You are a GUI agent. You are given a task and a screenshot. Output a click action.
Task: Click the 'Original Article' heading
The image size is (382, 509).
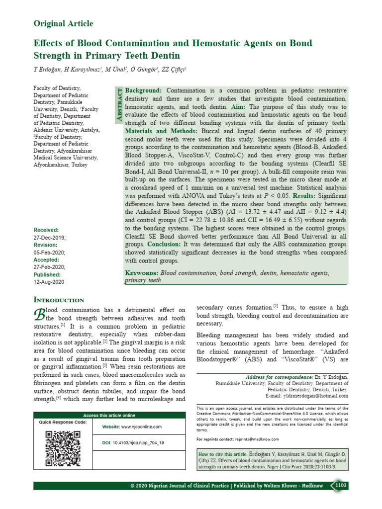point(63,23)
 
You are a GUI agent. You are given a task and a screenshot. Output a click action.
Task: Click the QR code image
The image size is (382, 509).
point(63,448)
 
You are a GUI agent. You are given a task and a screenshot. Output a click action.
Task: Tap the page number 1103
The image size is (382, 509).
point(342,485)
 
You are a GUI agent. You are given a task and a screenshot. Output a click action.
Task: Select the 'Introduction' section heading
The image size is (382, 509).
point(59,300)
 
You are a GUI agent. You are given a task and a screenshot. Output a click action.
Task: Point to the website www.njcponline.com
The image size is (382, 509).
point(132,427)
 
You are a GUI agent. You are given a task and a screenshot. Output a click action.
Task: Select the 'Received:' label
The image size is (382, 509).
point(46,230)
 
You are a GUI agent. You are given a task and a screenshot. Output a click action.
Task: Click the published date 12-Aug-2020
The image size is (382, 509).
point(49,282)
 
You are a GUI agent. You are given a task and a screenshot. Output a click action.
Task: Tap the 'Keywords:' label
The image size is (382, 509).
point(141,273)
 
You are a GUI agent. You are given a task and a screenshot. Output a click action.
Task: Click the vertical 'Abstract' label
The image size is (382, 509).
point(119,103)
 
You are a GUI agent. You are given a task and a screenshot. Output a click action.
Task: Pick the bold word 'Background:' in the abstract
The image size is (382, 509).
point(143,91)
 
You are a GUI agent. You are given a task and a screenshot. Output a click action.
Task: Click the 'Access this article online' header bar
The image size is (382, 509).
point(109,415)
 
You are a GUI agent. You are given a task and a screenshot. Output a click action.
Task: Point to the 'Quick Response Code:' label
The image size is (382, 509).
point(63,422)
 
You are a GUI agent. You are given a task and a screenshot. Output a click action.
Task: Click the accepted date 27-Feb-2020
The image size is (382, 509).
point(49,267)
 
